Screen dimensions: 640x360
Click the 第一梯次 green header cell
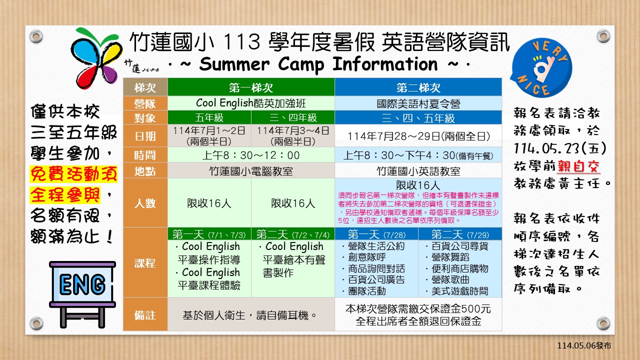click(251, 87)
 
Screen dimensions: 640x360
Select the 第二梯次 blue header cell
click(418, 87)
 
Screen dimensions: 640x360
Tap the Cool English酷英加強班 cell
click(251, 103)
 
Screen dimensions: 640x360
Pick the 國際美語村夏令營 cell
click(418, 103)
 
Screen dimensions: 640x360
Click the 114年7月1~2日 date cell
click(209, 135)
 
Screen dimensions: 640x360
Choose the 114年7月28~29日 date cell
click(418, 136)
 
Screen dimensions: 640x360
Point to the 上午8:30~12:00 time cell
click(251, 155)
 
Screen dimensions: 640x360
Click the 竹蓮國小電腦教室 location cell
click(251, 171)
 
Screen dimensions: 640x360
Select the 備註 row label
click(145, 314)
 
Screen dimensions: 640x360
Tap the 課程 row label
click(145, 263)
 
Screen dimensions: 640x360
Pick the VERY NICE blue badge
click(541, 68)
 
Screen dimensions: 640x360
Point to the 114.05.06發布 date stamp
click(584, 345)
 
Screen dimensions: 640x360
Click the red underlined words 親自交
click(578, 166)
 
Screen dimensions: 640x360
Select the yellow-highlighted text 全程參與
click(65, 195)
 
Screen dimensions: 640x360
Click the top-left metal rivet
click(36, 36)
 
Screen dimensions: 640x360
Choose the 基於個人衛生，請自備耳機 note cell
click(251, 314)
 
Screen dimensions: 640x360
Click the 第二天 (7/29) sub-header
click(460, 234)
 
